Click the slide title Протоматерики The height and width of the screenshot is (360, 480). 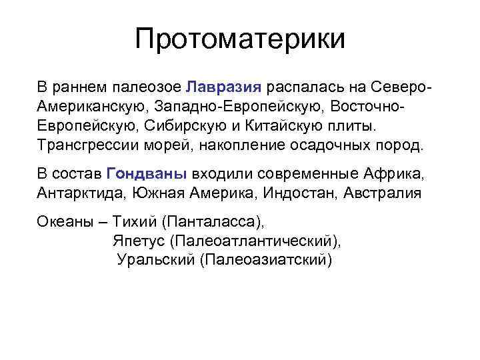click(x=240, y=39)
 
